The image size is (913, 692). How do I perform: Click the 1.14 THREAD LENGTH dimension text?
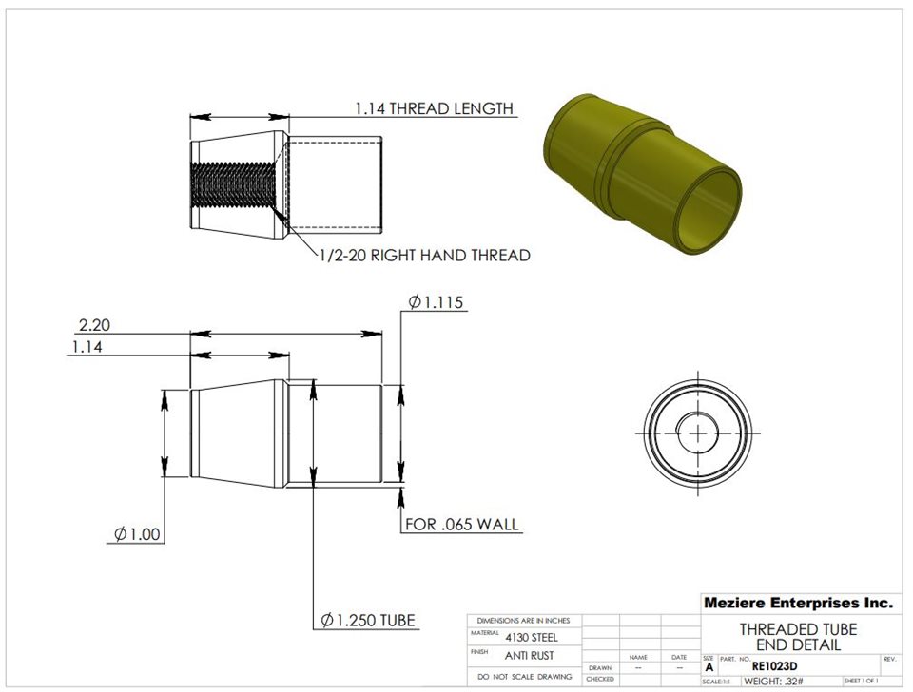tap(434, 108)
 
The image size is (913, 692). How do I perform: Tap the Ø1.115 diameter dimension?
tap(436, 302)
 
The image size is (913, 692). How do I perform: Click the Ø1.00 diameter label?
tap(137, 534)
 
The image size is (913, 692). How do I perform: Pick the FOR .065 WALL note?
tap(462, 524)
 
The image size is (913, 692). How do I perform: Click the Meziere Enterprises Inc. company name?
tap(798, 603)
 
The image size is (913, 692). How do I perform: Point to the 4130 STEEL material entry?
tap(532, 637)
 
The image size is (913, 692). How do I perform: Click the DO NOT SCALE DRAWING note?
tap(524, 677)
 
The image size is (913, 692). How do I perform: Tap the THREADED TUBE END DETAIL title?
tap(798, 637)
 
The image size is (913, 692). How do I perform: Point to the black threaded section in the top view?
tap(233, 186)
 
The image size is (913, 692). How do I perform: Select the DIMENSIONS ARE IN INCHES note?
tap(524, 620)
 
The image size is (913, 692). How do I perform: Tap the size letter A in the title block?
tap(709, 668)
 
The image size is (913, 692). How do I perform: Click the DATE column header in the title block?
tap(679, 657)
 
